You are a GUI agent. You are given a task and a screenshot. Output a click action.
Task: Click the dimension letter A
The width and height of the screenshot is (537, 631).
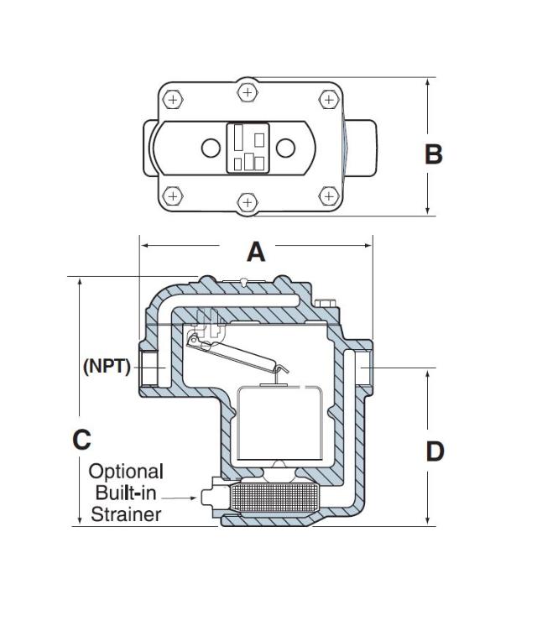[x=255, y=251]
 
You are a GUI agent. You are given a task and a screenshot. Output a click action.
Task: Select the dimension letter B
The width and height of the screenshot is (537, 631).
[x=433, y=154]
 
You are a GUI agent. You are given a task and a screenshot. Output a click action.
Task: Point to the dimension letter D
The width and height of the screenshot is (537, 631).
[x=434, y=451]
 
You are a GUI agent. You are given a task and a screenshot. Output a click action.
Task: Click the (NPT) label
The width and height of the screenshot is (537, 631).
[x=107, y=366]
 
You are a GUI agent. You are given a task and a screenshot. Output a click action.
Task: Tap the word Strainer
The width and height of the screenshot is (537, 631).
[x=126, y=514]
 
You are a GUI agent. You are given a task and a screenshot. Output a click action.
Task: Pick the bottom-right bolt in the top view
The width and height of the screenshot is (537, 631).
[x=328, y=196]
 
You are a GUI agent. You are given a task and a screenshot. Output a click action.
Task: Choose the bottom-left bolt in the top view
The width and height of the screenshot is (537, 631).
[x=172, y=196]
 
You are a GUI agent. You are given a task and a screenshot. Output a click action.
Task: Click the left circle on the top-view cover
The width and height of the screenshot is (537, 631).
[x=210, y=149]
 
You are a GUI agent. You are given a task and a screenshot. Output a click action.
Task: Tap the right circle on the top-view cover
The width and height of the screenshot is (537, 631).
[x=286, y=149]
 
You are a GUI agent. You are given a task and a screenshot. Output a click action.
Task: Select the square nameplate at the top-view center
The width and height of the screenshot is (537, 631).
[x=248, y=149]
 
